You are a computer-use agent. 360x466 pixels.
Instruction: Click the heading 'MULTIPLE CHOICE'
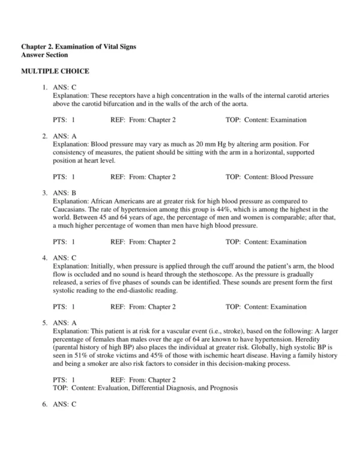(55, 71)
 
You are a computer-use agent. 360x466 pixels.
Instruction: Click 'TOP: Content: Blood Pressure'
(269, 177)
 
